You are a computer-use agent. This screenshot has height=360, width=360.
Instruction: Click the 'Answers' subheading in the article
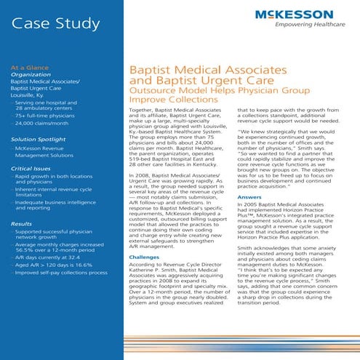pyautogui.click(x=249, y=197)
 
